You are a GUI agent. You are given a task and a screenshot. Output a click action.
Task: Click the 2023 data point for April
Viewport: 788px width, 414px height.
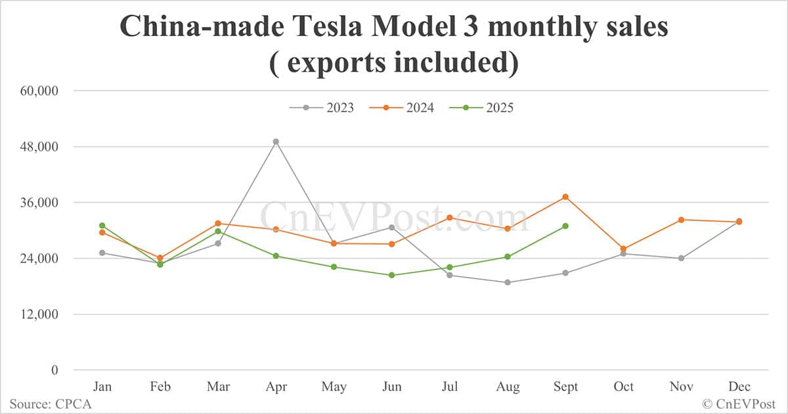(x=276, y=142)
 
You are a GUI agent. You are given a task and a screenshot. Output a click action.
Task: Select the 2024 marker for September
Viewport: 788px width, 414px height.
(x=565, y=197)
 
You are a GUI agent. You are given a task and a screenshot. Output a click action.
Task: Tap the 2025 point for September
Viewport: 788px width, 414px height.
(x=565, y=226)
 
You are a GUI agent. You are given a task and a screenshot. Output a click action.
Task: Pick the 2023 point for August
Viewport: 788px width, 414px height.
(x=508, y=283)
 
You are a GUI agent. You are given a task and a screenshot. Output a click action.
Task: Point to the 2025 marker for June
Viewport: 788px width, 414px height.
(x=391, y=275)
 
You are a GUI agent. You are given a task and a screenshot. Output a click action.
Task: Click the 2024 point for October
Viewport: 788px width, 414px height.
(x=623, y=249)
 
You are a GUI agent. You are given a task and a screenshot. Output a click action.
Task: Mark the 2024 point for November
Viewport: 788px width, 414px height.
(x=681, y=220)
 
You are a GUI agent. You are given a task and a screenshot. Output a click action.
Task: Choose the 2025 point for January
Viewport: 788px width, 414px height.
(x=102, y=226)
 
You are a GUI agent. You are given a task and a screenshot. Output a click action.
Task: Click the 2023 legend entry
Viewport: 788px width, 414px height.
(x=321, y=108)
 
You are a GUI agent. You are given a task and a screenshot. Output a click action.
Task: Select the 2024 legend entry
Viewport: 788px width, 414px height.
(x=401, y=108)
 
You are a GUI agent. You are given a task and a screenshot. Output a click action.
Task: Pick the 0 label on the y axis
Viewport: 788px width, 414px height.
(x=55, y=370)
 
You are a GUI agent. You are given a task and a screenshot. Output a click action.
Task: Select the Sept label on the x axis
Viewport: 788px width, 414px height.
(x=565, y=387)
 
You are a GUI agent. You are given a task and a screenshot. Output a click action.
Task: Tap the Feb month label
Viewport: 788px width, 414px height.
(x=160, y=387)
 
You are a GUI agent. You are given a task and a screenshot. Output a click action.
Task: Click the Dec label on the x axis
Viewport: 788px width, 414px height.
(x=739, y=387)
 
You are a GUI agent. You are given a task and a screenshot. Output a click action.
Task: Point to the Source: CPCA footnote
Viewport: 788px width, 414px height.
(x=51, y=404)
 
